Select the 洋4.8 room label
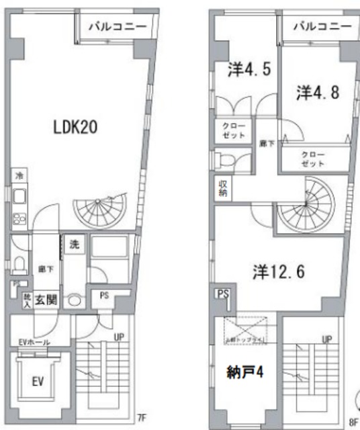[318, 92]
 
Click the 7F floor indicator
[141, 417]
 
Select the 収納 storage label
[222, 187]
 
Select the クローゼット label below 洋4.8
[314, 159]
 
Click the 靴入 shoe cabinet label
[28, 300]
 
